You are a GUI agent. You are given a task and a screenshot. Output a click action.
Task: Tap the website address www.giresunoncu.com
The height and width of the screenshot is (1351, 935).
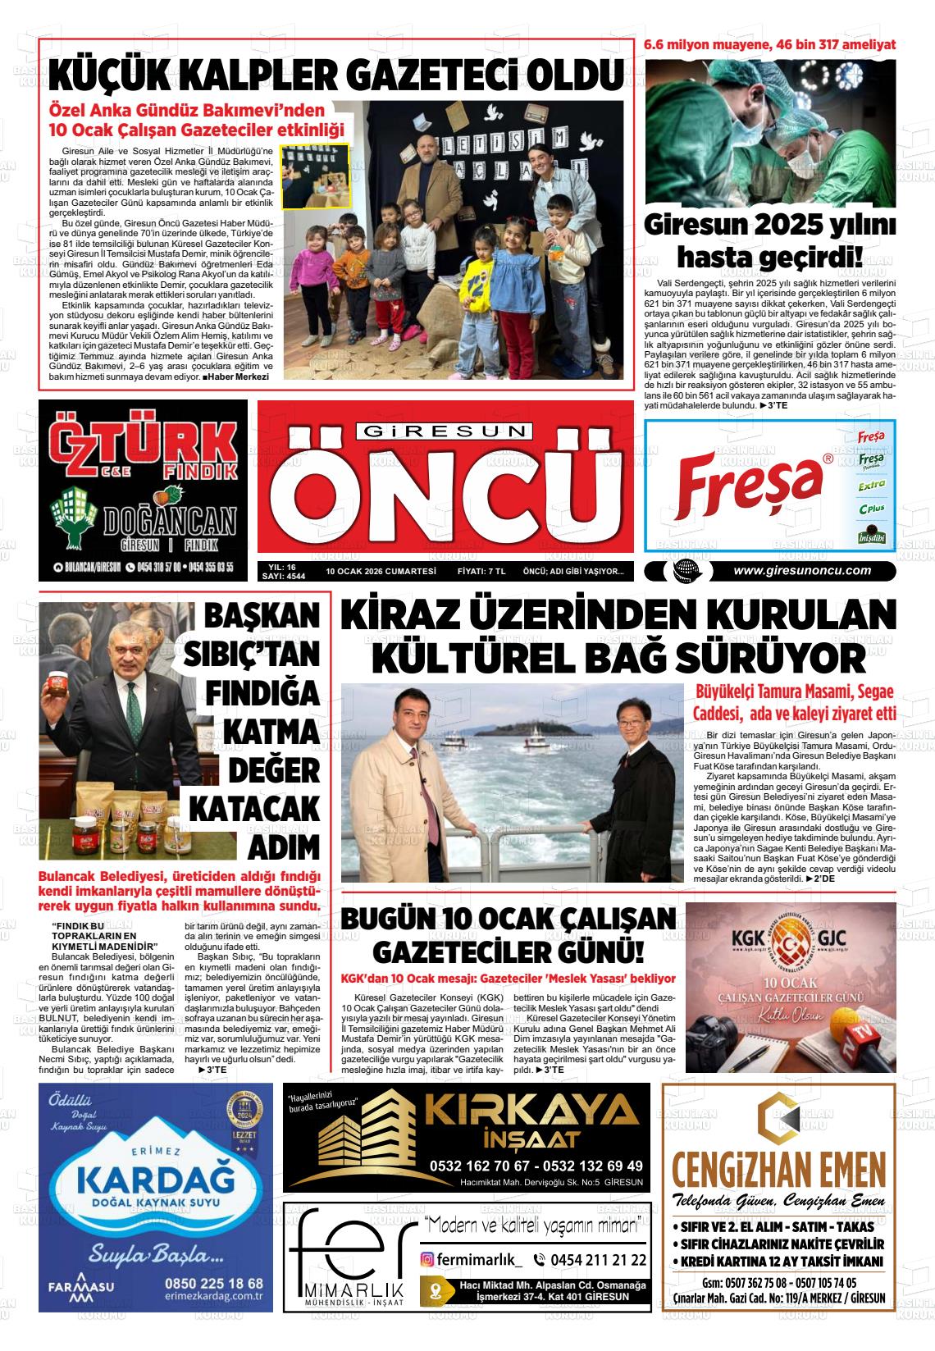pyautogui.click(x=802, y=572)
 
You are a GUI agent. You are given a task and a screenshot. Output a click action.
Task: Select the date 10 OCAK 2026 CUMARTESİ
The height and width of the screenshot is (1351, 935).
pyautogui.click(x=380, y=572)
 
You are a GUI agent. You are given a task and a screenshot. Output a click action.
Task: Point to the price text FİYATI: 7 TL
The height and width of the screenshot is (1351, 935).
pyautogui.click(x=481, y=572)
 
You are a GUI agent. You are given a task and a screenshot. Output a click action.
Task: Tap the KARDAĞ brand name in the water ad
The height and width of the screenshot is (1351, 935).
pyautogui.click(x=150, y=1180)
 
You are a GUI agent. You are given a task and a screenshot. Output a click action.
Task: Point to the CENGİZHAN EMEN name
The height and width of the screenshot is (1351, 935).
pyautogui.click(x=778, y=1167)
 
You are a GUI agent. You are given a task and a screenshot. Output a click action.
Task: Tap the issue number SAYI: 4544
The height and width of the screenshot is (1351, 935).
pyautogui.click(x=283, y=577)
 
